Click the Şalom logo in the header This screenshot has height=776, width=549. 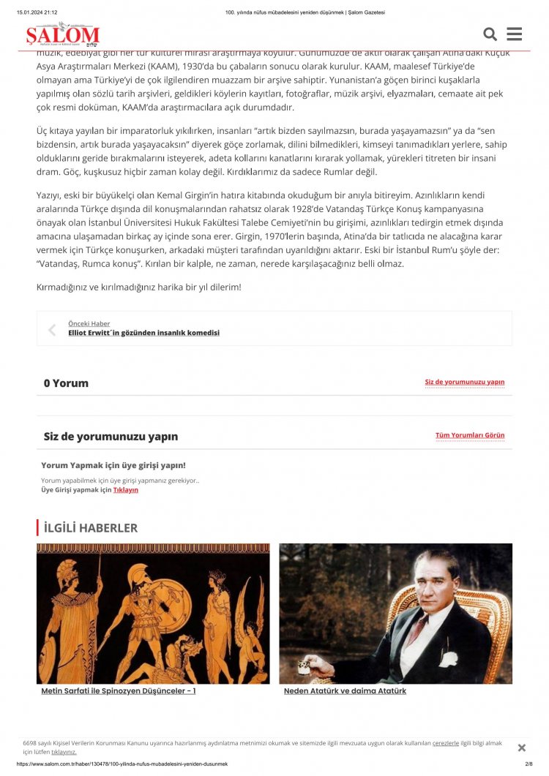(62, 34)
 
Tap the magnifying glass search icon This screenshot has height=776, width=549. (490, 34)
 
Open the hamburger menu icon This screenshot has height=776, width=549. (514, 34)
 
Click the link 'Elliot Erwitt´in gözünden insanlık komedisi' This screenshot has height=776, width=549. (143, 333)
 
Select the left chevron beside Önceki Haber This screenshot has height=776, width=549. (52, 330)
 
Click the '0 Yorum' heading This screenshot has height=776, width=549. (66, 383)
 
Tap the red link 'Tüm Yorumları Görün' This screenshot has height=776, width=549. (469, 435)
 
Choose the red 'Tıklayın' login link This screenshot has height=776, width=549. (125, 490)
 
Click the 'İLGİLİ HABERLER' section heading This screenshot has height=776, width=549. (90, 527)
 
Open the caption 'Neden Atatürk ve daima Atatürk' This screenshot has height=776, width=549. (345, 691)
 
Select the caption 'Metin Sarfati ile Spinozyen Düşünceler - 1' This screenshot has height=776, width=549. (118, 691)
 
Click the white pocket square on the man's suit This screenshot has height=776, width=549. (447, 658)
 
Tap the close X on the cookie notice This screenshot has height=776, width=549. (521, 747)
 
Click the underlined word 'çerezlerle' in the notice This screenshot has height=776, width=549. (445, 743)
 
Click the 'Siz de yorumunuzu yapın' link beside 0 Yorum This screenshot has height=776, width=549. (464, 382)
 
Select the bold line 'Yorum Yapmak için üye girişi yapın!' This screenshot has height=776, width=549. (113, 465)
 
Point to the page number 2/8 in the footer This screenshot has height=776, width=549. (529, 764)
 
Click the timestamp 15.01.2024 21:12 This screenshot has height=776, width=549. (37, 12)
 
